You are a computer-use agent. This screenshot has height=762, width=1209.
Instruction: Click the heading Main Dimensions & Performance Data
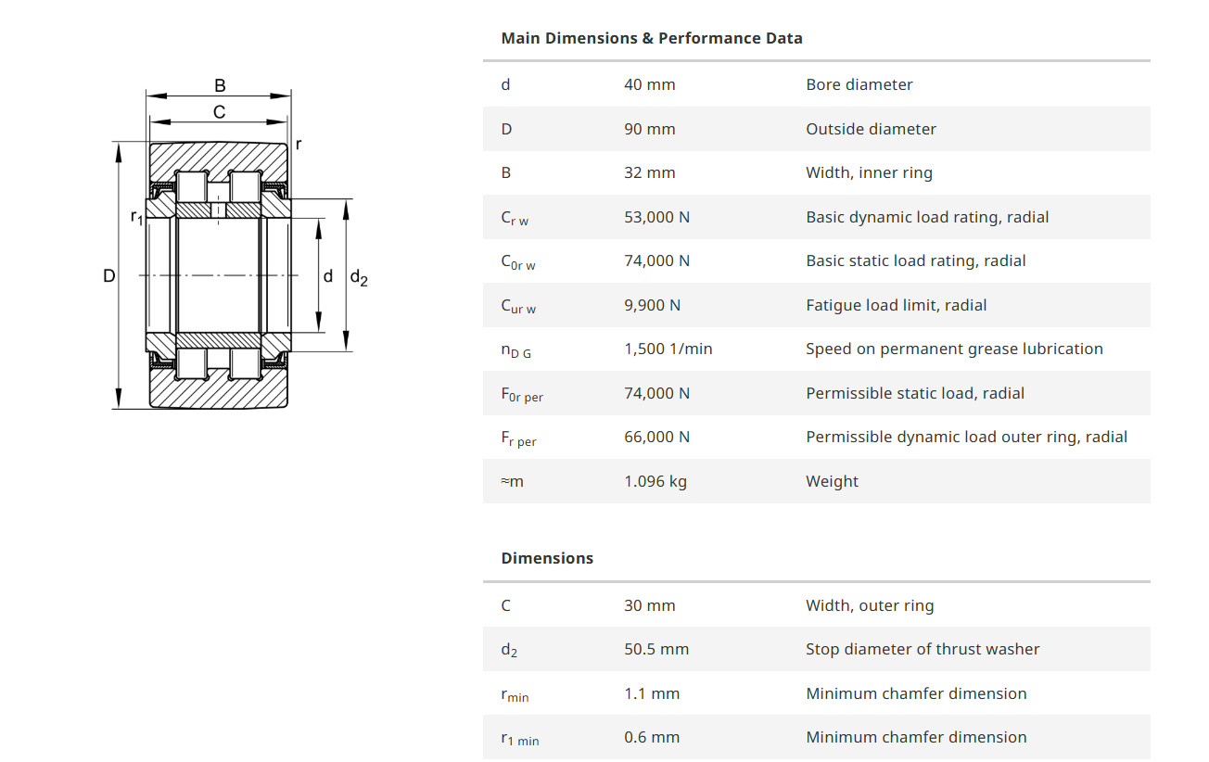(x=651, y=38)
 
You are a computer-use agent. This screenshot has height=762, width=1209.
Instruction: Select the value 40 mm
(x=649, y=84)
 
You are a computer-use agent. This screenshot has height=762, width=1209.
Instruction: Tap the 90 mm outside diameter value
(x=649, y=129)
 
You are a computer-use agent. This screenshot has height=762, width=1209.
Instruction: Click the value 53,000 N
(x=656, y=217)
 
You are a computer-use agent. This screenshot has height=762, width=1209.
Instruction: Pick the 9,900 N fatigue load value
(x=652, y=305)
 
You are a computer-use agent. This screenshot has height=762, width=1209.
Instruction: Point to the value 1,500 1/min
(x=668, y=349)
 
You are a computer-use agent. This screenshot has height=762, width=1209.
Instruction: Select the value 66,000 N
(x=656, y=437)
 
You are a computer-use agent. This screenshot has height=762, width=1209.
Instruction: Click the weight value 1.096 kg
(x=655, y=481)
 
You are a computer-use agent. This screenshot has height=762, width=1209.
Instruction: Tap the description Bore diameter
(x=859, y=84)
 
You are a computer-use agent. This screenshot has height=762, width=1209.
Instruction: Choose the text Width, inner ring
(x=869, y=172)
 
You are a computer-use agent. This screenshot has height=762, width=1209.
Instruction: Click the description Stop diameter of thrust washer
(x=922, y=649)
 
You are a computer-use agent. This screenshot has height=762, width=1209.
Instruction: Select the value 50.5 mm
(x=655, y=649)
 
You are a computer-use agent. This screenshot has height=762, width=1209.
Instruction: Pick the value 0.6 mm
(x=651, y=737)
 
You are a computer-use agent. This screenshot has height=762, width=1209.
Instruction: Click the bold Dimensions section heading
(x=546, y=558)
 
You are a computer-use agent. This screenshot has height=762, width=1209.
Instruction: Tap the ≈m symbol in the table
(x=512, y=481)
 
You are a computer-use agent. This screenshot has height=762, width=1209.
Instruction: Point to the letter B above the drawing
(x=220, y=85)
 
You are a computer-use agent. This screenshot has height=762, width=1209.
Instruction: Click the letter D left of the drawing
(x=109, y=275)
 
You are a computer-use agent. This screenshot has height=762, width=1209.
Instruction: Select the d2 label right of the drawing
(x=358, y=277)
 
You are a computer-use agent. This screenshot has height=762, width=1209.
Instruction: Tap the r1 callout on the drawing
(x=136, y=218)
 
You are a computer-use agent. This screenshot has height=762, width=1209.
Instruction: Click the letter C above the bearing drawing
(x=220, y=112)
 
